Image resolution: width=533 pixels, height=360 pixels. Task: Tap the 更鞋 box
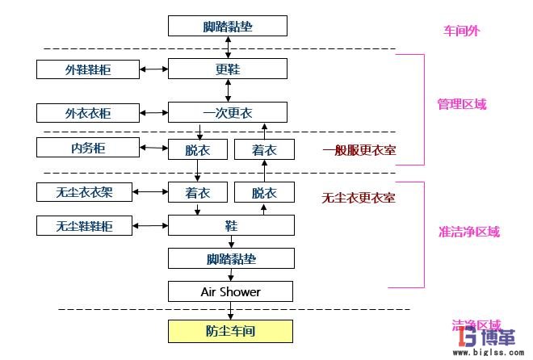228,69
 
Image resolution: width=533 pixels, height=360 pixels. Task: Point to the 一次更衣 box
228,113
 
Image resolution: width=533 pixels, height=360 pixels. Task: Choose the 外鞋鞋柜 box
87,69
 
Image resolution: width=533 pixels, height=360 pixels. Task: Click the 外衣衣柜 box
87,113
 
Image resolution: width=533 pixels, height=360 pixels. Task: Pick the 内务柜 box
87,148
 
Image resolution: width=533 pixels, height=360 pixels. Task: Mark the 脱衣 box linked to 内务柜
197,149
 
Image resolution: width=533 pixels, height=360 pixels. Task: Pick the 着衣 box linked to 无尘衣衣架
197,193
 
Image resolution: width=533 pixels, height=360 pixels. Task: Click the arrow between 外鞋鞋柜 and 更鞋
153,69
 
